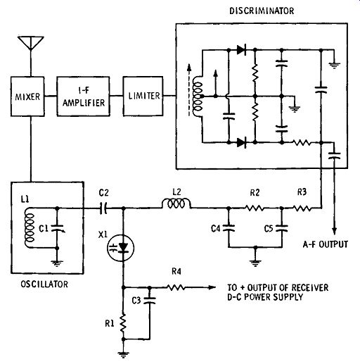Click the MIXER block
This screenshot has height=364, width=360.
[27, 96]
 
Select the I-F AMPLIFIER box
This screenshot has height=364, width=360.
[83, 96]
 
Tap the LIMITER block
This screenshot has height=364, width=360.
[143, 96]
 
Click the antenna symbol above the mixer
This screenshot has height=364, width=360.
[31, 43]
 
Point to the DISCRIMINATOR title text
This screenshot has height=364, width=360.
[262, 11]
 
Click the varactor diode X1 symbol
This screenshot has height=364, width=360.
[121, 248]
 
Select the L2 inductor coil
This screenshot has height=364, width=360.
[176, 203]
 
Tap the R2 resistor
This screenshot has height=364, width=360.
[255, 208]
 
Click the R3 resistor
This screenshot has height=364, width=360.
[302, 208]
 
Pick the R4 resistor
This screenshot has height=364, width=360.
[176, 287]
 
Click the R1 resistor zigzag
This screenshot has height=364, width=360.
[123, 323]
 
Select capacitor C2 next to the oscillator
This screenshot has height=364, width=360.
[103, 208]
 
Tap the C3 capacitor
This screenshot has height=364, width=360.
[150, 300]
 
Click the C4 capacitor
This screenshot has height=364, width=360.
[229, 228]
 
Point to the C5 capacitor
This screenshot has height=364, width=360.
[282, 228]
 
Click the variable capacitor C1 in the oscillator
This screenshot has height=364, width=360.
[57, 228]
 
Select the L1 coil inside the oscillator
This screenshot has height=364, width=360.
[30, 227]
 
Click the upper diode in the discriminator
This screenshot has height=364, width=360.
[241, 50]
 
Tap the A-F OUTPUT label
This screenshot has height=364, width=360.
[325, 244]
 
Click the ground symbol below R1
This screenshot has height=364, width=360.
[123, 353]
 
